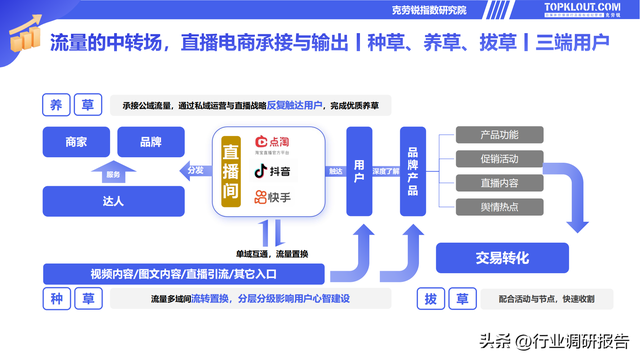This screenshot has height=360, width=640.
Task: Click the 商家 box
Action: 75,142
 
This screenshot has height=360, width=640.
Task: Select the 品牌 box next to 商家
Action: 151,142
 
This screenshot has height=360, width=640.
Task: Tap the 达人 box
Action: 113,201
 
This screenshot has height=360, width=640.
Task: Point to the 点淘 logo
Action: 275,146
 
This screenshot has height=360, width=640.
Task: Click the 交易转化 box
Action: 502,257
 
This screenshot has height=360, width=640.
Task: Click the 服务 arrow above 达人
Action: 113,174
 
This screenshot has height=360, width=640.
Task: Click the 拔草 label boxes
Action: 446,298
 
